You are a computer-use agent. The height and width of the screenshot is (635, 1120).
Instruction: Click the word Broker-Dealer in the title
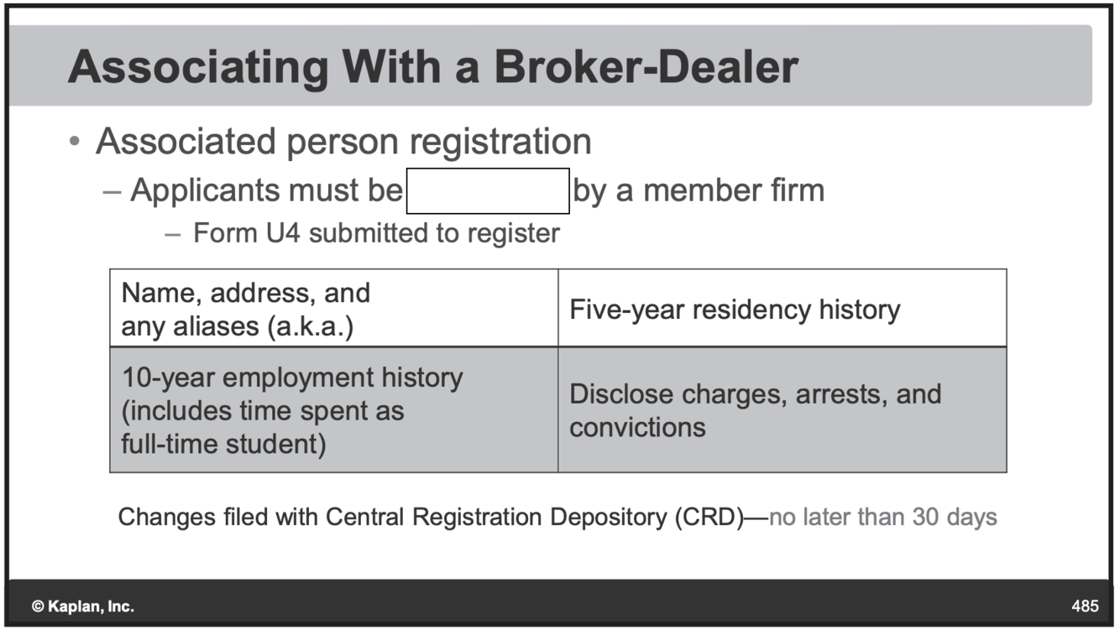coord(646,67)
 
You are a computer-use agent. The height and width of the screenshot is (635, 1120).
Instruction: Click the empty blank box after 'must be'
coord(488,191)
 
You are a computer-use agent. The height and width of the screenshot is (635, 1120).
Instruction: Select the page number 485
coord(1084,606)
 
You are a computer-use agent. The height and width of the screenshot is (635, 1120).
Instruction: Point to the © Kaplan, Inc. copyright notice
coord(82,606)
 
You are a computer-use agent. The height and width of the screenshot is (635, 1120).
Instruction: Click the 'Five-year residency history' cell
coord(735,310)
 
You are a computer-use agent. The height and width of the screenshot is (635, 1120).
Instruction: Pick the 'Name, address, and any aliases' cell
coord(246,310)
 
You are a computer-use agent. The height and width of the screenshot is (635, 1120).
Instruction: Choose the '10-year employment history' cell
coord(291,410)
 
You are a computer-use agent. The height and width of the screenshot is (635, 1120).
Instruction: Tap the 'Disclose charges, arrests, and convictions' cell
coord(755,410)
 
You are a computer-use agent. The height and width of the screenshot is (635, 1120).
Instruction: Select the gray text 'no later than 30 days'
coord(883,517)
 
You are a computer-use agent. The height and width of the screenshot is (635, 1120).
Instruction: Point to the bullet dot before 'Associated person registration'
coord(76,143)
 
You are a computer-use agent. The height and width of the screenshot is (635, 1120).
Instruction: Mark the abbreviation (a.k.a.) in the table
coord(310,326)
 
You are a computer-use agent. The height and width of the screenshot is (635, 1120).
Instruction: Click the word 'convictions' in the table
coord(637,427)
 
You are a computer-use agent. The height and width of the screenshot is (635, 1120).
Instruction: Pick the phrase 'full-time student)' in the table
coord(223,444)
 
